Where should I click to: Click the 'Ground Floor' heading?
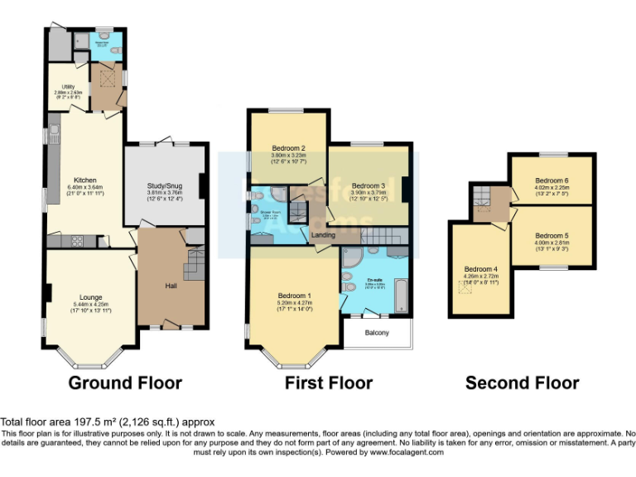(124, 383)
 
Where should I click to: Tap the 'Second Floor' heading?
(522, 383)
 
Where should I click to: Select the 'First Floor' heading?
(328, 383)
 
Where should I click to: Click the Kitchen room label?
(85, 180)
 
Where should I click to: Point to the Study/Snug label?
(163, 185)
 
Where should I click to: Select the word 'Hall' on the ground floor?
(171, 286)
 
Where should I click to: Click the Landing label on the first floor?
(323, 235)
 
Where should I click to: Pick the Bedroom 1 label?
(294, 296)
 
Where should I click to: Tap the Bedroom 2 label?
(289, 148)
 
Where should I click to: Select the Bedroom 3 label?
(368, 185)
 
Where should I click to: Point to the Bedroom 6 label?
(551, 180)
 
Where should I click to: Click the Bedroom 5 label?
(551, 235)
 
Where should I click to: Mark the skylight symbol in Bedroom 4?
(465, 288)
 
